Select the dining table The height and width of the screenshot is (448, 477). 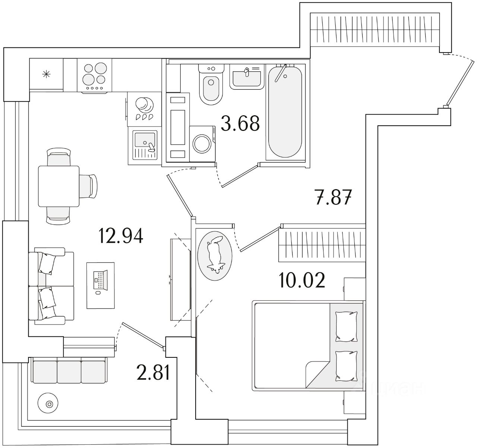59,186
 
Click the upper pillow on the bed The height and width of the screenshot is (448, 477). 347,326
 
